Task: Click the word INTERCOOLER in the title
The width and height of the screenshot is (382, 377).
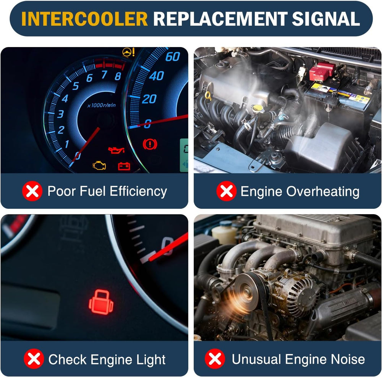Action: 84,18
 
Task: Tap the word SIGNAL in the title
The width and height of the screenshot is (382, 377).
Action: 326,18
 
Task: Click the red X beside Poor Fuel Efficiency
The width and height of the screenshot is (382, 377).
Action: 32,191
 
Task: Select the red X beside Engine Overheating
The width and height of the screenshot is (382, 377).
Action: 226,191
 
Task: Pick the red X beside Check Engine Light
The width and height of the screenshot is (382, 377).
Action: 34,359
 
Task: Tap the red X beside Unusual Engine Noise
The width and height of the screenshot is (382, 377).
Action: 215,359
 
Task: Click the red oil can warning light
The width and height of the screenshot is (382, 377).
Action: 117,150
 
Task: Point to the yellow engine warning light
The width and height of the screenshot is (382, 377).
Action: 99,165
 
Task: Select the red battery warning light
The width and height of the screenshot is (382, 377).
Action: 124,166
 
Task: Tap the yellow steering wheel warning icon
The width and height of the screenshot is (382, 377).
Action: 128,52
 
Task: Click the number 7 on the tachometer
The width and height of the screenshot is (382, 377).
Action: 104,75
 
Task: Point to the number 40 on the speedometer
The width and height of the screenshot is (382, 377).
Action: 156,76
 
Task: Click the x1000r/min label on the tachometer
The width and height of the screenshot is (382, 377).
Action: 101,106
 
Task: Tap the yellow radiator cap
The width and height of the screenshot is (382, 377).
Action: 257,108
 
